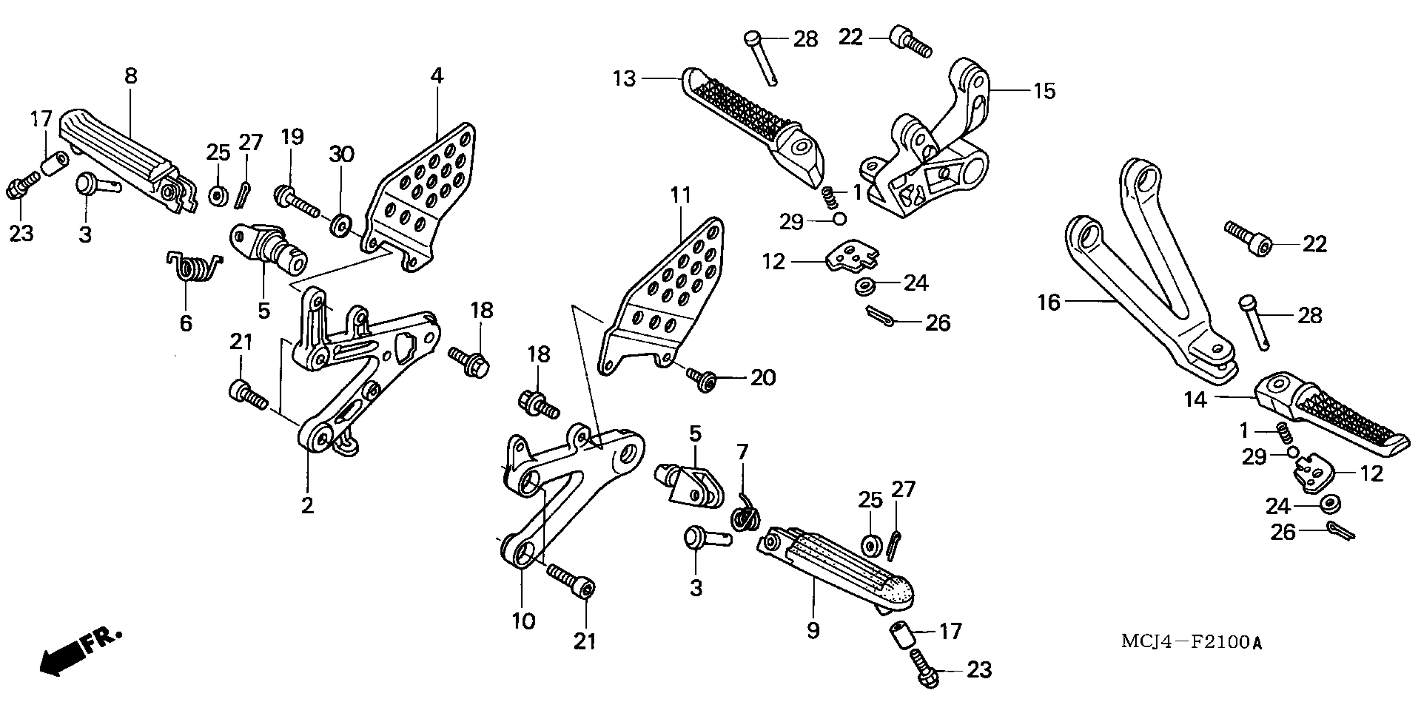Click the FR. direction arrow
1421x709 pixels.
pos(77,654)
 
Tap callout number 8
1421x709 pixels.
pos(131,76)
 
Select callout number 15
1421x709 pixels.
pos(1044,91)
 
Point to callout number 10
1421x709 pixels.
pos(523,622)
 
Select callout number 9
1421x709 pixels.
pos(813,631)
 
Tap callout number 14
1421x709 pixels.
pos(1195,400)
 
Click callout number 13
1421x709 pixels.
pos(624,79)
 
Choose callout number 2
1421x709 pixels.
pos(307,505)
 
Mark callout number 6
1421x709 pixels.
pos(186,323)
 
